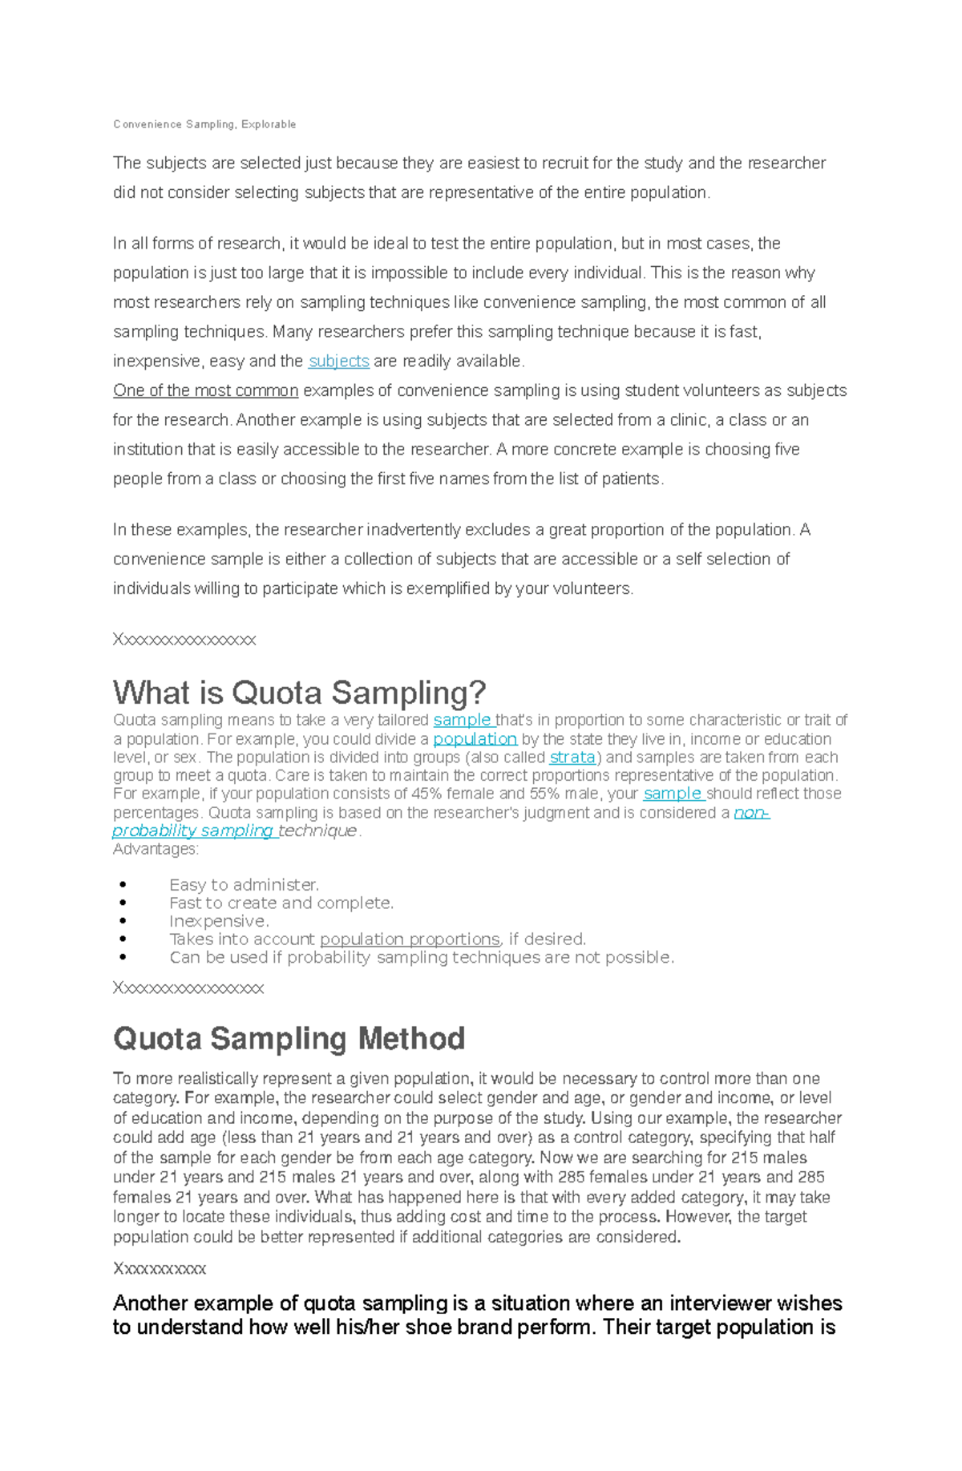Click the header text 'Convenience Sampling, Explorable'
coord(204,124)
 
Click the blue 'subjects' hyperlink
coord(338,362)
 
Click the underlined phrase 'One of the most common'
coord(205,391)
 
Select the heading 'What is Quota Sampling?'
coord(299,693)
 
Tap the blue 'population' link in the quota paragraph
coord(475,739)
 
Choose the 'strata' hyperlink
coord(572,758)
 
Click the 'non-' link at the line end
coord(751,813)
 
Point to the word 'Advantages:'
coord(156,849)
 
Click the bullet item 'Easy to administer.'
coord(244,885)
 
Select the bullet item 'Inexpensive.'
coord(219,921)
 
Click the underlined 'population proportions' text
coord(410,940)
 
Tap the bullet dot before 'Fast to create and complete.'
coord(123,903)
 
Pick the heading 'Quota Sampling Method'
coord(289,1039)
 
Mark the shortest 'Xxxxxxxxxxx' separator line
coord(160,1269)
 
